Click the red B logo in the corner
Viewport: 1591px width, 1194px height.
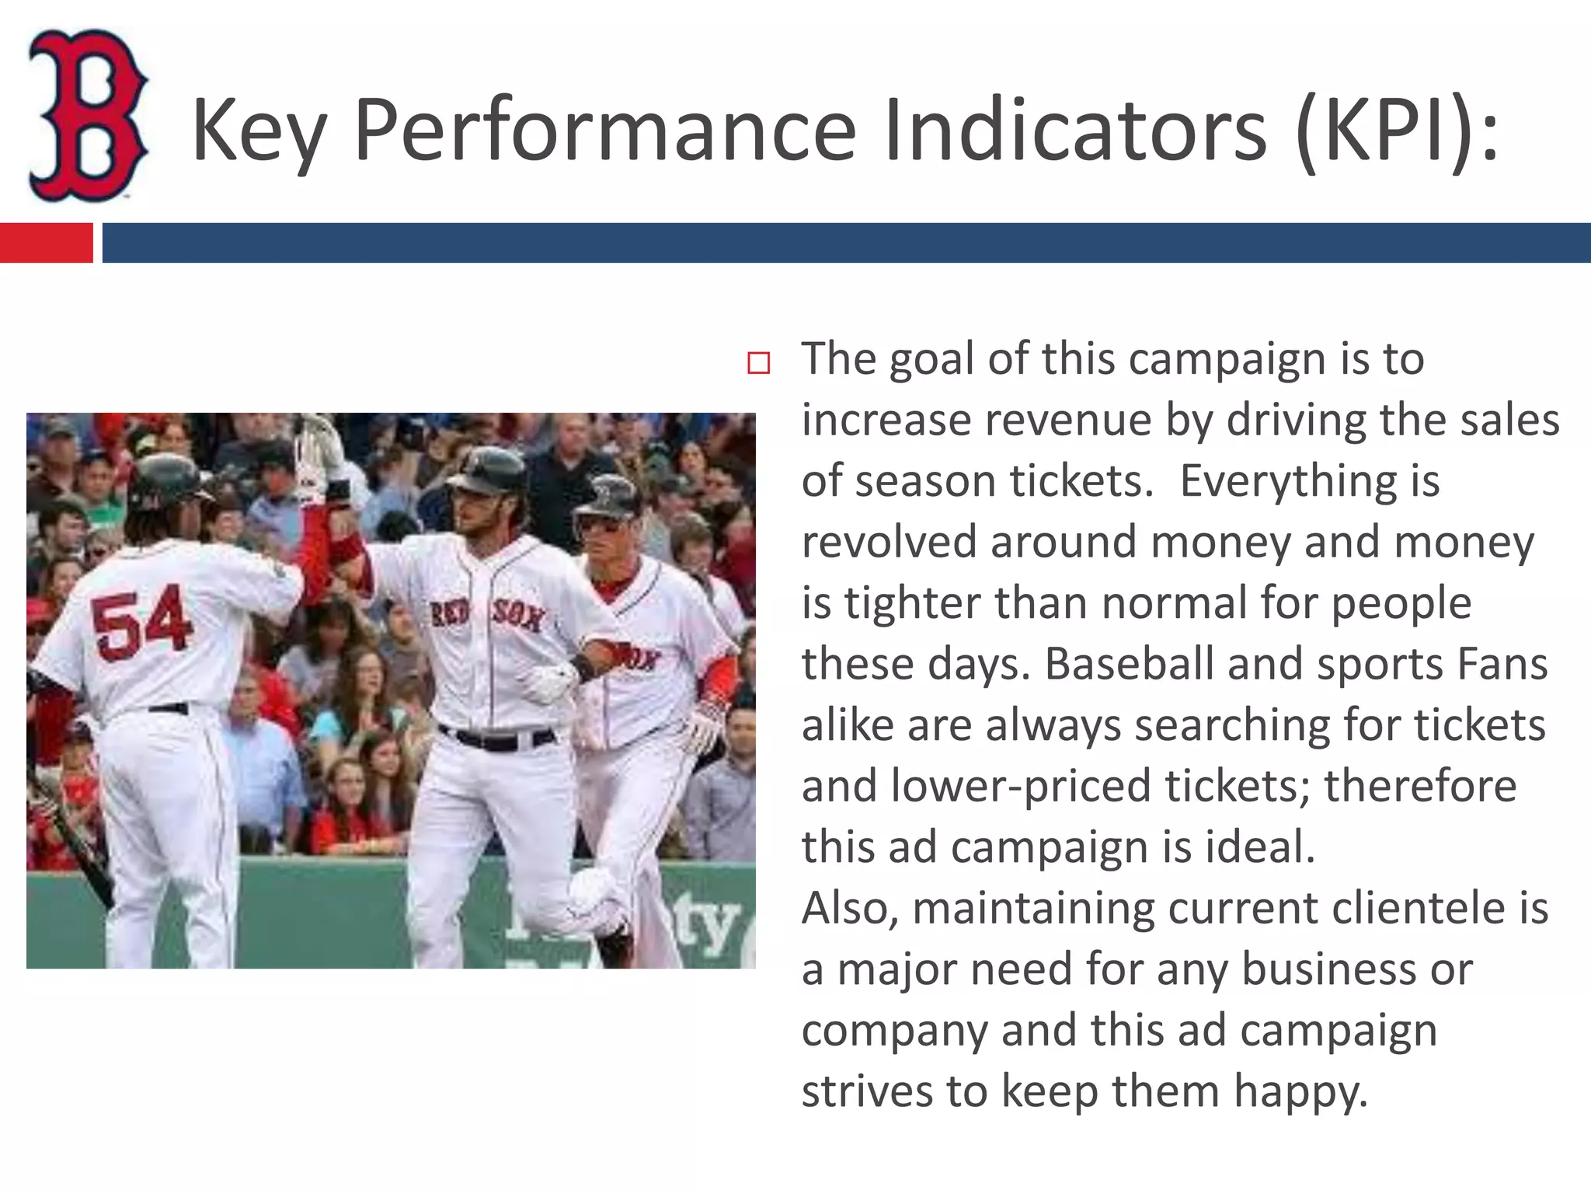click(87, 115)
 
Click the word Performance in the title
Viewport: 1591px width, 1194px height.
click(604, 131)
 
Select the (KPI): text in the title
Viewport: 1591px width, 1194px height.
click(1396, 131)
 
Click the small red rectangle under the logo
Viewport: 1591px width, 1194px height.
click(46, 243)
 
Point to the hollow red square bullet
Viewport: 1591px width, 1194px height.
click(758, 363)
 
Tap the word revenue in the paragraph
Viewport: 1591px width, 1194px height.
click(1068, 421)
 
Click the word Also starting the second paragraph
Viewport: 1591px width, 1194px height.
click(850, 908)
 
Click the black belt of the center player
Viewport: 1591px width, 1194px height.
click(497, 739)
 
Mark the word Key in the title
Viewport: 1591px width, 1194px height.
click(259, 131)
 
